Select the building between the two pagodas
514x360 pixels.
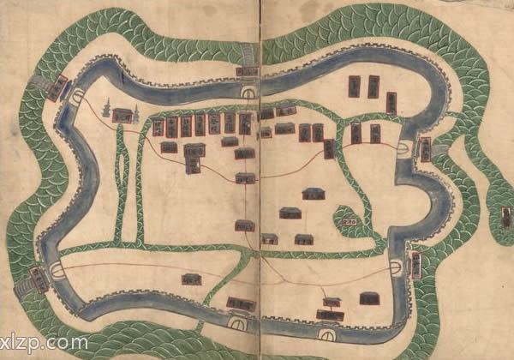pos(122,115)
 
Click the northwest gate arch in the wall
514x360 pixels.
pos(77,97)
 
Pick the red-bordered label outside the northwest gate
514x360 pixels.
pos(60,87)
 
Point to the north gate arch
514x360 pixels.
pos(250,92)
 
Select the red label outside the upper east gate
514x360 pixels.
pos(425,149)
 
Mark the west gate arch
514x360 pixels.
pos(58,269)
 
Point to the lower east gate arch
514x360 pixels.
pos(396,268)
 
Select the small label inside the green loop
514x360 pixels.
pos(349,221)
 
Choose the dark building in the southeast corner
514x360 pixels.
pos(369,298)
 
